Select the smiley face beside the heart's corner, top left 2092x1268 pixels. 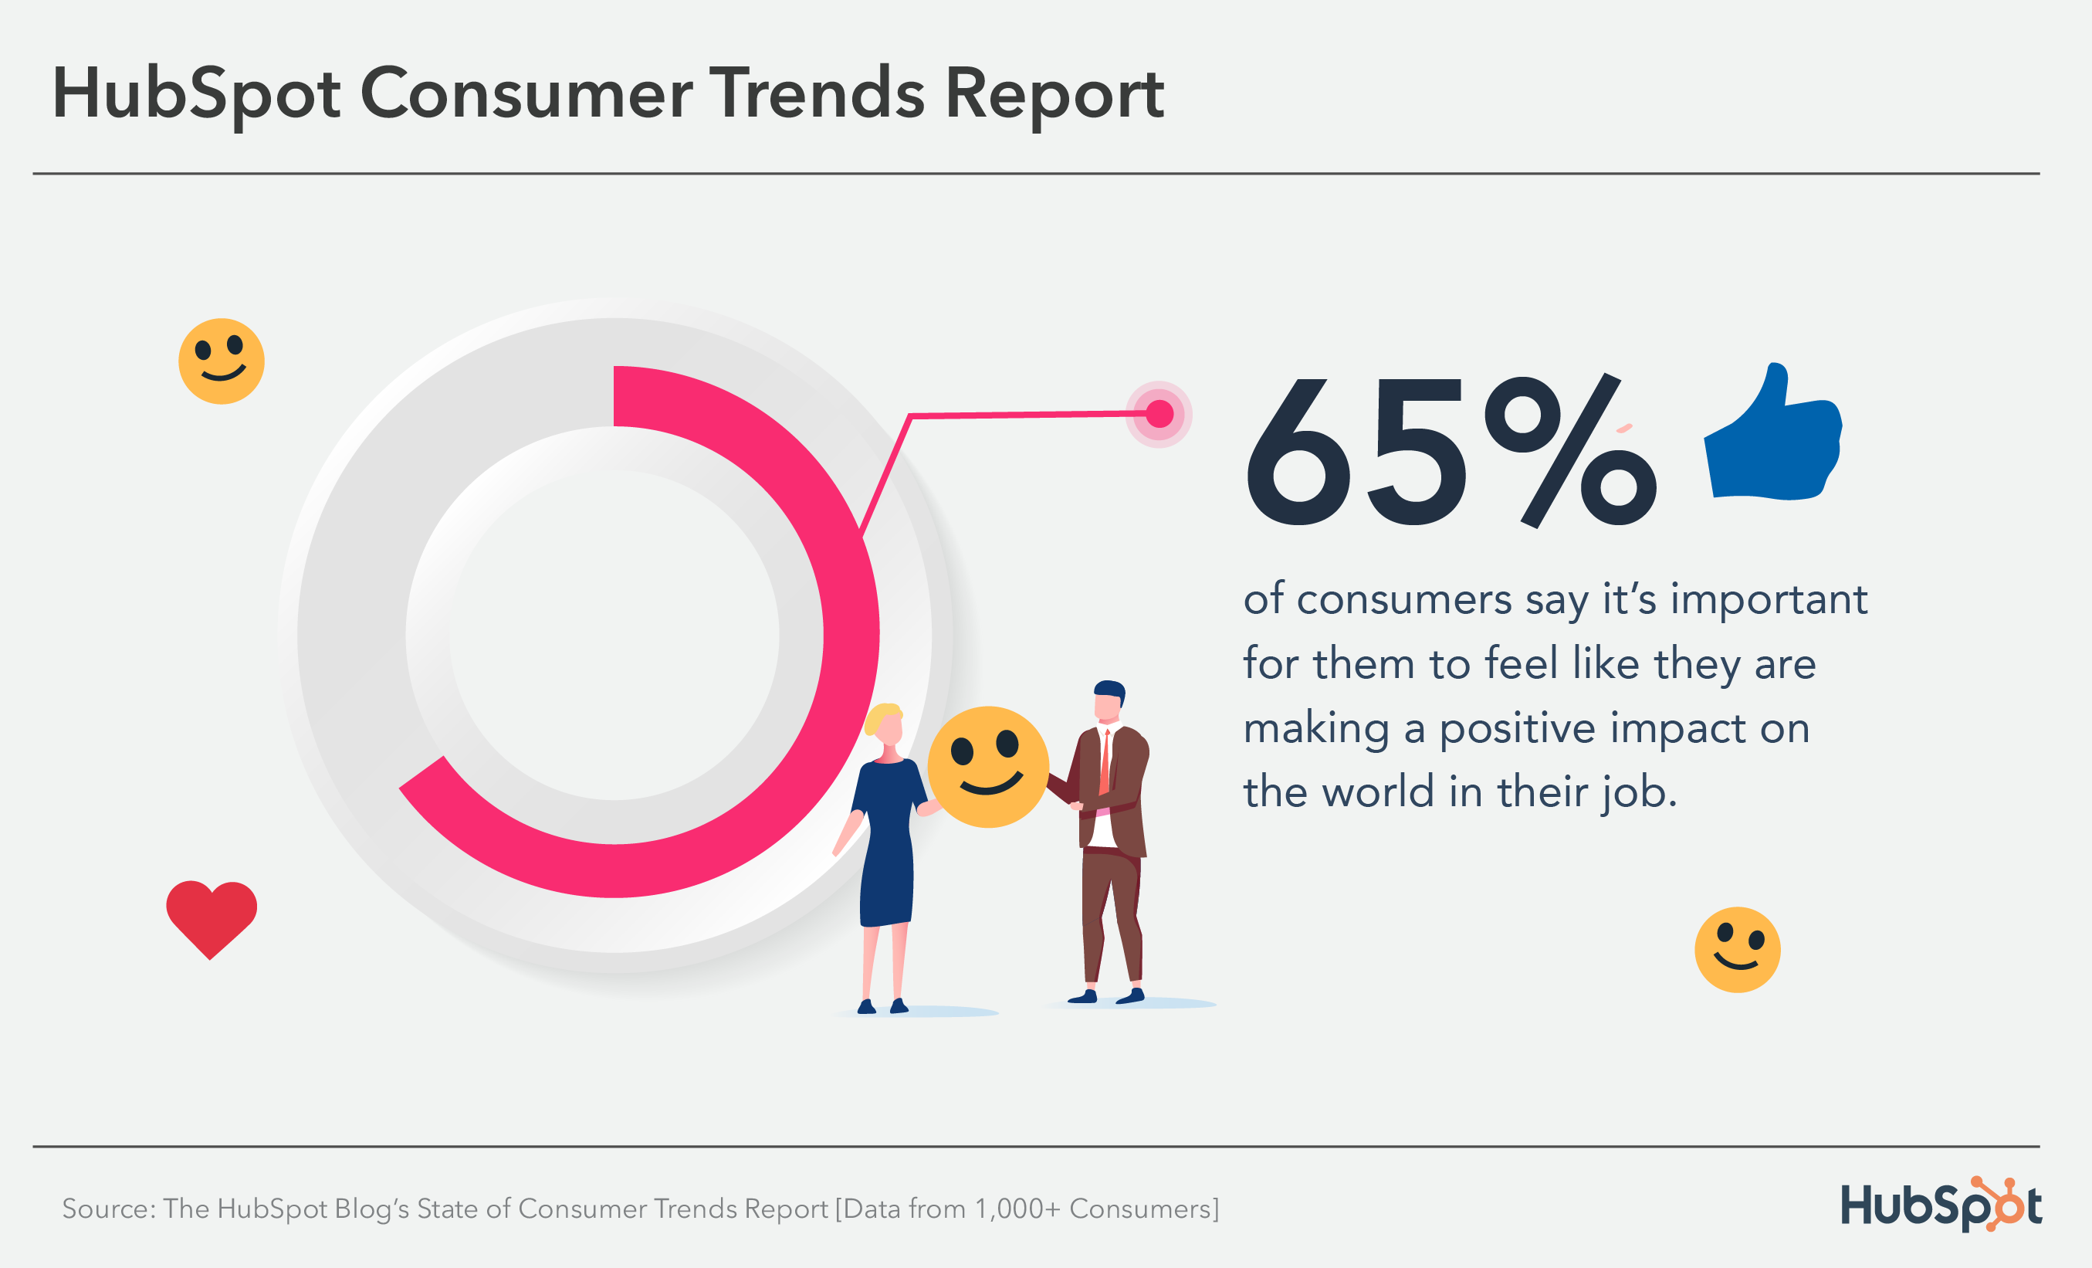(x=222, y=361)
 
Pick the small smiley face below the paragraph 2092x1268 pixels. (x=1737, y=950)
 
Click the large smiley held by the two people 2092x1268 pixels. (x=987, y=766)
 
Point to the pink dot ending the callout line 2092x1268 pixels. (x=1159, y=414)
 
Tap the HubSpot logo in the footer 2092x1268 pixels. (x=1941, y=1205)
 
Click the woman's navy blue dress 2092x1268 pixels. (x=886, y=849)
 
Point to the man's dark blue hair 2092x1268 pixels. (x=1109, y=689)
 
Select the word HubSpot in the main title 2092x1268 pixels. (x=196, y=94)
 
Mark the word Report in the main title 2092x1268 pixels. (x=1054, y=94)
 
